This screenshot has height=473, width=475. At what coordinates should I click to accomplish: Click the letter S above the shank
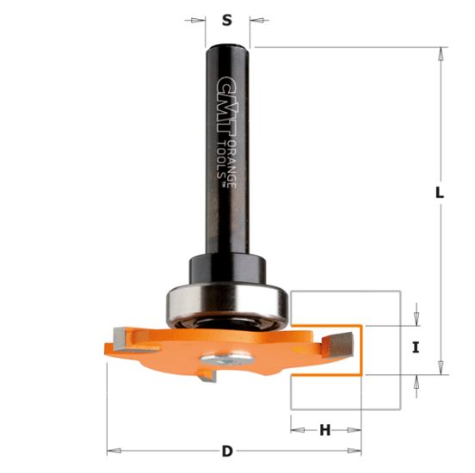pyautogui.click(x=227, y=20)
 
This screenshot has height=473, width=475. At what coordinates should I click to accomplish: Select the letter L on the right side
pyautogui.click(x=439, y=194)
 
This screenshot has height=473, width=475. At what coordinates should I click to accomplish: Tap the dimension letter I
pyautogui.click(x=416, y=348)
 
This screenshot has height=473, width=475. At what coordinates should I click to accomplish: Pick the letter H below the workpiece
pyautogui.click(x=325, y=430)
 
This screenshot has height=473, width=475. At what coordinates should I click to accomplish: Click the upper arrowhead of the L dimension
pyautogui.click(x=439, y=53)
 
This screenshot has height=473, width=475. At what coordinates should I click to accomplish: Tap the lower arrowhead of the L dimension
pyautogui.click(x=439, y=368)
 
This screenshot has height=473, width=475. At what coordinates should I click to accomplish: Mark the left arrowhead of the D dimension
pyautogui.click(x=112, y=451)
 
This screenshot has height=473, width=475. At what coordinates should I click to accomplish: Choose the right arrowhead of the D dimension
pyautogui.click(x=355, y=451)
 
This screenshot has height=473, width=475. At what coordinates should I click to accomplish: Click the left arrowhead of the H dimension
pyautogui.click(x=295, y=430)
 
